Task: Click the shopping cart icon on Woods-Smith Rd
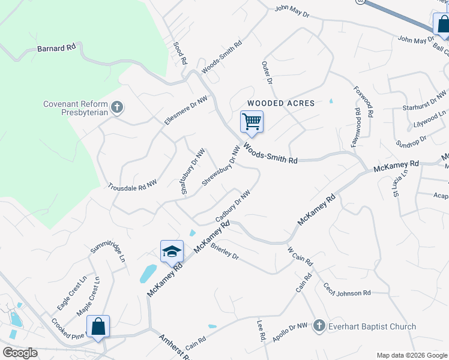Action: tap(252, 122)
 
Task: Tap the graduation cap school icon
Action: tap(172, 251)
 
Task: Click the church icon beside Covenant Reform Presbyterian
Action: tap(117, 108)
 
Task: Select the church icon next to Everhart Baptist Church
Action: tap(319, 326)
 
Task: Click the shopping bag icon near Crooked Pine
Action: tap(98, 326)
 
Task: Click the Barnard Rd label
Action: tap(56, 48)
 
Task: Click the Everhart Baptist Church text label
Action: tap(372, 326)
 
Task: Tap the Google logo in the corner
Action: tap(20, 353)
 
